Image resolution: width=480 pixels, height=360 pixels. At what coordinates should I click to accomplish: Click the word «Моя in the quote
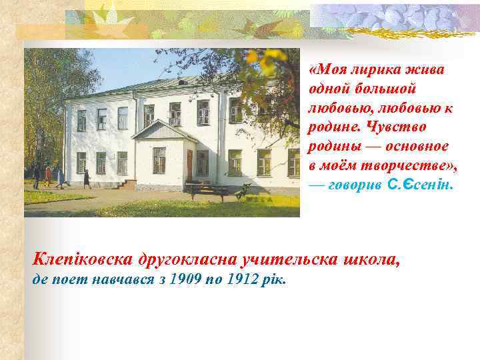coord(326,69)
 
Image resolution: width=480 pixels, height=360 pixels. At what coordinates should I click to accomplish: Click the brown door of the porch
coord(190,164)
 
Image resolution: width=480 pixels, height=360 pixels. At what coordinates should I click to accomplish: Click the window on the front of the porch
coord(159,159)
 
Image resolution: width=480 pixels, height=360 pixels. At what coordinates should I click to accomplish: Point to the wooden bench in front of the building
coord(207,191)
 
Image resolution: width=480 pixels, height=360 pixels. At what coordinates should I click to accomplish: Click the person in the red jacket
coord(48,175)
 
